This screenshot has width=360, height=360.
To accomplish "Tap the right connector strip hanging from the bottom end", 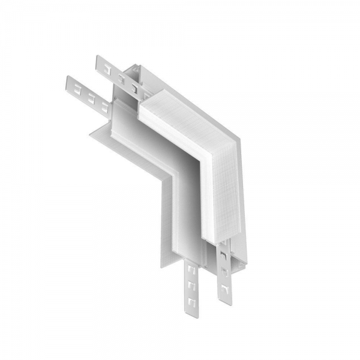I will pyautogui.click(x=224, y=273).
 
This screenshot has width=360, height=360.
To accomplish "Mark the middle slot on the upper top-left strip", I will pyautogui.click(x=121, y=77).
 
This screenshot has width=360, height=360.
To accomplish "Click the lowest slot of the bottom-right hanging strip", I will pyautogui.click(x=225, y=286).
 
